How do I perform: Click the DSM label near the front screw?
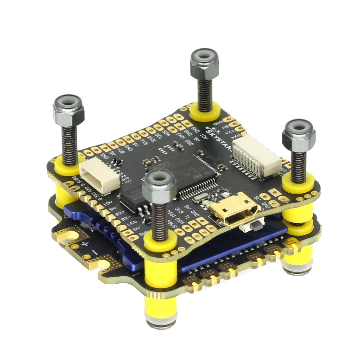click(180, 220)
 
